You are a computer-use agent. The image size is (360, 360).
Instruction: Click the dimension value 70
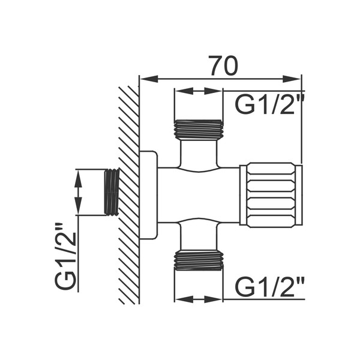223,65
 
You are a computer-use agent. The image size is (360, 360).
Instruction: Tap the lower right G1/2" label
270,287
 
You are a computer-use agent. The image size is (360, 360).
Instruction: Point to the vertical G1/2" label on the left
65,256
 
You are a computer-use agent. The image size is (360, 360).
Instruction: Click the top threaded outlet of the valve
199,130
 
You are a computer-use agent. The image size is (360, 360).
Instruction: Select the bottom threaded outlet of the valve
199,260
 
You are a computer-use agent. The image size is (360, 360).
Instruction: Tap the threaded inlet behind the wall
112,193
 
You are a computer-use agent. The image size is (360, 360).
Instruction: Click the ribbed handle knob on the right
271,195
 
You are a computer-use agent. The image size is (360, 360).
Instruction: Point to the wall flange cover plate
149,195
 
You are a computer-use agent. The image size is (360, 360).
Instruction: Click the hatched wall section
129,195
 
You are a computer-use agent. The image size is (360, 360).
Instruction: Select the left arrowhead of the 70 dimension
149,79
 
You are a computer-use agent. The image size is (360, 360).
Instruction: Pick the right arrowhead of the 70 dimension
292,79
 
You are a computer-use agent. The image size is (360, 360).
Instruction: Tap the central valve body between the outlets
199,195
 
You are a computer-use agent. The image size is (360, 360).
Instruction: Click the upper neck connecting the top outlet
199,154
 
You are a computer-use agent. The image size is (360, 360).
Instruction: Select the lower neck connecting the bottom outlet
199,235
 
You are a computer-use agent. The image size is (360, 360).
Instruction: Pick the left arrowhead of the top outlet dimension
184,91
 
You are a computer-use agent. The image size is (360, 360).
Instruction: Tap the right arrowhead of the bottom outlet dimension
213,299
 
